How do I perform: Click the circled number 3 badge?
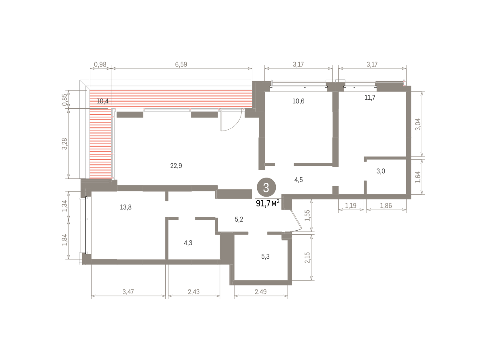(x=266, y=187)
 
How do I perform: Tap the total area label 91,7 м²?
(x=268, y=203)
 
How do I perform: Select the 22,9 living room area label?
(x=176, y=166)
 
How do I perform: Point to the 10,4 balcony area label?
(x=102, y=101)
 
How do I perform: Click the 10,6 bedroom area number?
(x=298, y=101)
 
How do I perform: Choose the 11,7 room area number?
(x=370, y=97)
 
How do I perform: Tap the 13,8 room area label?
(x=126, y=207)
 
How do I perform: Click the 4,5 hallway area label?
(x=298, y=180)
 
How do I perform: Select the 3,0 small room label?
(x=381, y=171)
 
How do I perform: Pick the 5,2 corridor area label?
(x=239, y=219)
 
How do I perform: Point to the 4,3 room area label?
(x=188, y=242)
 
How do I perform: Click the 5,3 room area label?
(x=265, y=256)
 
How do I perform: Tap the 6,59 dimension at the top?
(x=181, y=64)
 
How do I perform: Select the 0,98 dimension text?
(x=100, y=64)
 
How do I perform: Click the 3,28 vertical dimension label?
(x=64, y=144)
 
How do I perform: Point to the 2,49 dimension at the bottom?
(x=260, y=292)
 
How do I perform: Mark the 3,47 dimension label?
(x=128, y=292)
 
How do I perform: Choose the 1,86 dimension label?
(x=386, y=206)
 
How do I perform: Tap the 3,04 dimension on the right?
(x=418, y=124)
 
